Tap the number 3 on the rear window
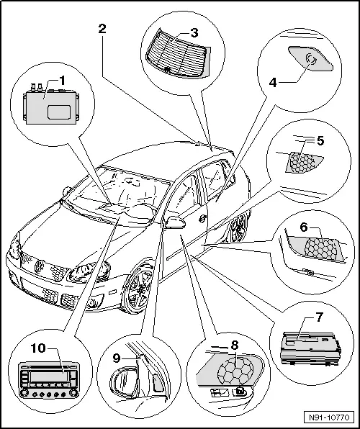tap(194, 33)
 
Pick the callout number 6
tap(305, 227)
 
